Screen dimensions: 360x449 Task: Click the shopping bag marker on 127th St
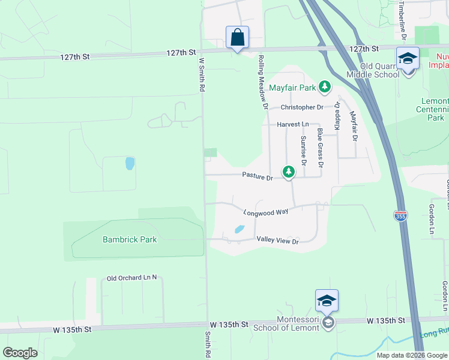238,37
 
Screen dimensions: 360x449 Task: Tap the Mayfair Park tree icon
325,88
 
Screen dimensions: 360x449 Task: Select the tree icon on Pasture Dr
289,172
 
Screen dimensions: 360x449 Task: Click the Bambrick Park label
130,239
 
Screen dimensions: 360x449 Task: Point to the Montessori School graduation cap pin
327,301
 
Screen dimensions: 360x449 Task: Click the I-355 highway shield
399,215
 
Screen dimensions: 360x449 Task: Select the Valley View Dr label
277,241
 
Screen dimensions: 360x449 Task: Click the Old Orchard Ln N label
131,278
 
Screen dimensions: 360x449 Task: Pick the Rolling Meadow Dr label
262,82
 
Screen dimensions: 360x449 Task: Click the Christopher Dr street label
302,107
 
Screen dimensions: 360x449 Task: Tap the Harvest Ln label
292,124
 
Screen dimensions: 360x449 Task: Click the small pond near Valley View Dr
239,229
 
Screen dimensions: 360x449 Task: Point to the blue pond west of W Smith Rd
130,163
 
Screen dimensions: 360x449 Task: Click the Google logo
20,352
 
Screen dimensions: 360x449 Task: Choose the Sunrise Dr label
304,151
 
